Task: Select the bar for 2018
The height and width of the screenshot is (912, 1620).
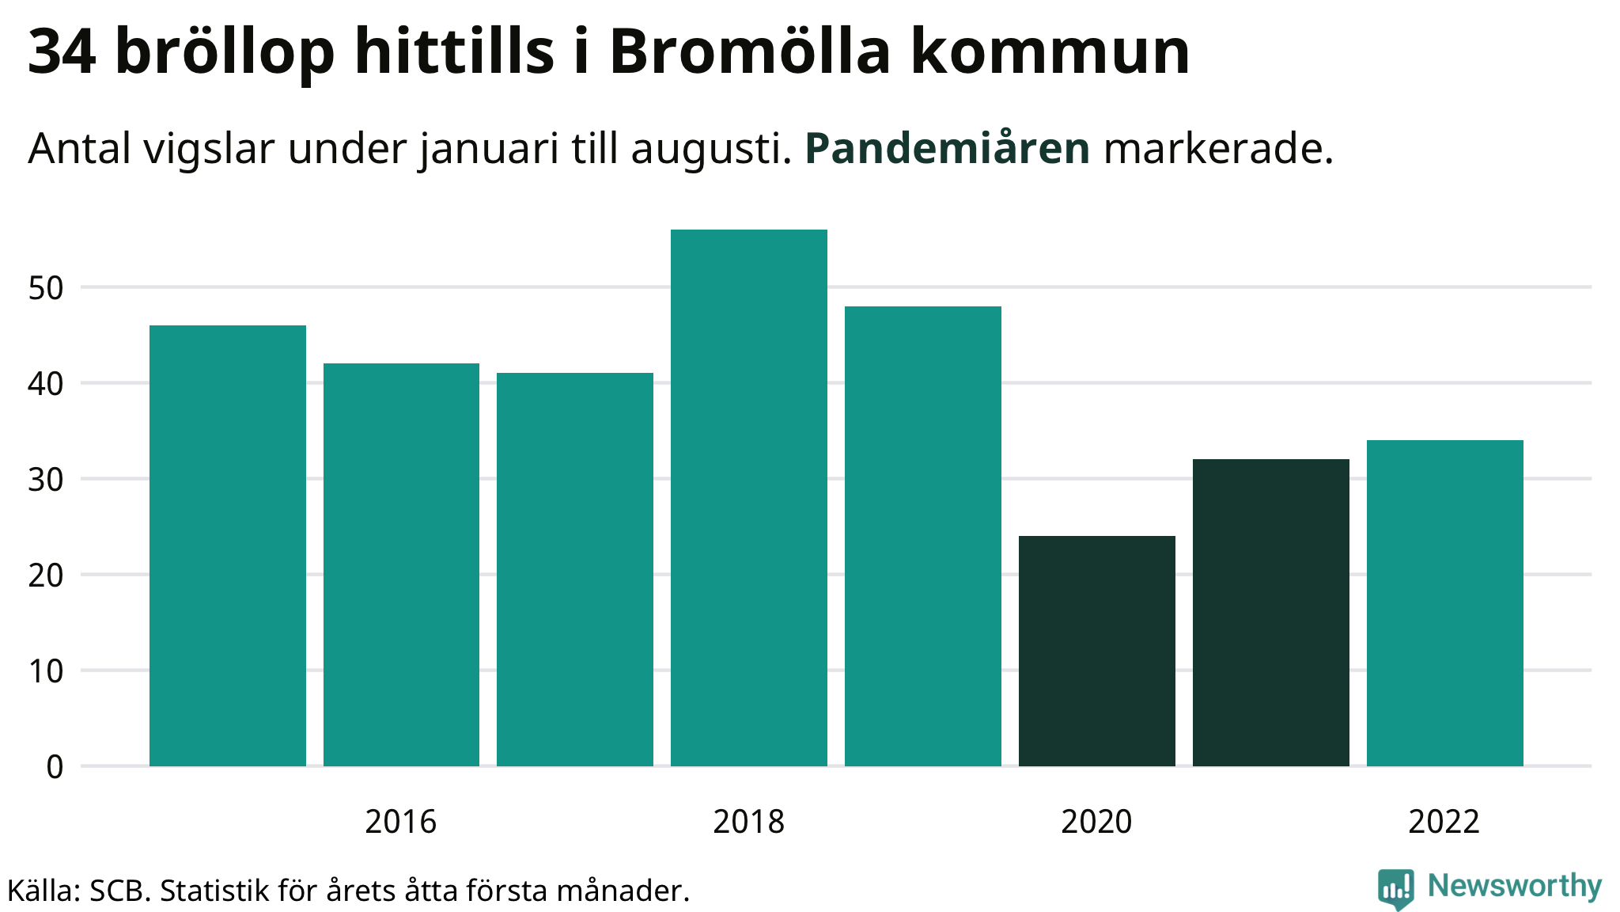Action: point(748,498)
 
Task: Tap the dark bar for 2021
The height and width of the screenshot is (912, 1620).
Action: point(1270,613)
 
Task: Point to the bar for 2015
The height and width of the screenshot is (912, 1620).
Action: point(227,545)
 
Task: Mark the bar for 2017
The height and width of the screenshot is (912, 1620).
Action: point(575,569)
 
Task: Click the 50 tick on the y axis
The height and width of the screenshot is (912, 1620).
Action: point(45,288)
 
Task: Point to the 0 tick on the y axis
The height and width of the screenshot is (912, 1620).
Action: point(55,766)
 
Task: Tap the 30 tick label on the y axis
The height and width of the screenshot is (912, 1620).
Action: point(45,480)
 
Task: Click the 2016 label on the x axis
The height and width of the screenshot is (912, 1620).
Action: point(400,822)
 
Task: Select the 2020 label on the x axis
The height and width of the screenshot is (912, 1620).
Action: point(1096,822)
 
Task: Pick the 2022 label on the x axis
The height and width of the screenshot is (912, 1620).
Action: point(1444,822)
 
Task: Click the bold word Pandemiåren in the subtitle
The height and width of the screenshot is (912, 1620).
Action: point(947,148)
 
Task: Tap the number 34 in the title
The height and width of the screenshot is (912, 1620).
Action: point(62,52)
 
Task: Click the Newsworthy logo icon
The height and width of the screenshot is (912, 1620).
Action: point(1395,887)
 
